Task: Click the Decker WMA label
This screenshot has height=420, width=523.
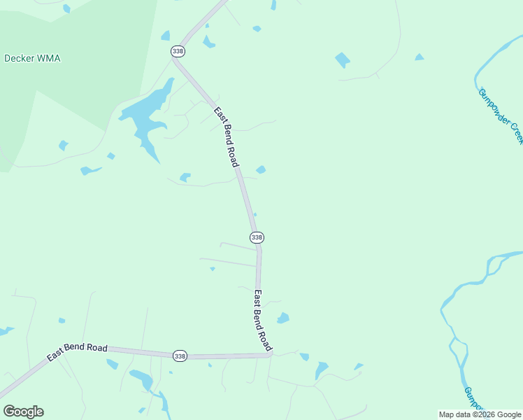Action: pos(32,58)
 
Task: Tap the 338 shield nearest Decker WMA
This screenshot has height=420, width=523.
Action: pos(178,51)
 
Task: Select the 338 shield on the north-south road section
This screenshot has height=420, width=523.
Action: pos(257,237)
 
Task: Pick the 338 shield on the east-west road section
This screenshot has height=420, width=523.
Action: pos(180,356)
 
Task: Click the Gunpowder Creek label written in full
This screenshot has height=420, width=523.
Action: pos(501,115)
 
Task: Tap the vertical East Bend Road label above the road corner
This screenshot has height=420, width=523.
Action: pos(262,320)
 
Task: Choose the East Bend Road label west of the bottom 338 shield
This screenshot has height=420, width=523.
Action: pos(77,352)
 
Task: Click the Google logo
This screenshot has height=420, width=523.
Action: pos(23,412)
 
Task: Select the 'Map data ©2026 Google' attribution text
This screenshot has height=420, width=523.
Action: pos(480,414)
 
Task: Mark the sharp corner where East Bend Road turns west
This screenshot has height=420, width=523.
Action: pos(269,354)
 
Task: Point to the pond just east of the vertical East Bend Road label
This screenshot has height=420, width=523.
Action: pos(282,318)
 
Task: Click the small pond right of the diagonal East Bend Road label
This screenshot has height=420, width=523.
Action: pos(261,169)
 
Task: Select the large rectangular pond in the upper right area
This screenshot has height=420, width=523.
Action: pos(342,59)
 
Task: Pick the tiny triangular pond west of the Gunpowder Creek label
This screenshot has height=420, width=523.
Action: pos(419,57)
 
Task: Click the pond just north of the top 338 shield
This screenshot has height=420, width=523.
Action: pos(165,35)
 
